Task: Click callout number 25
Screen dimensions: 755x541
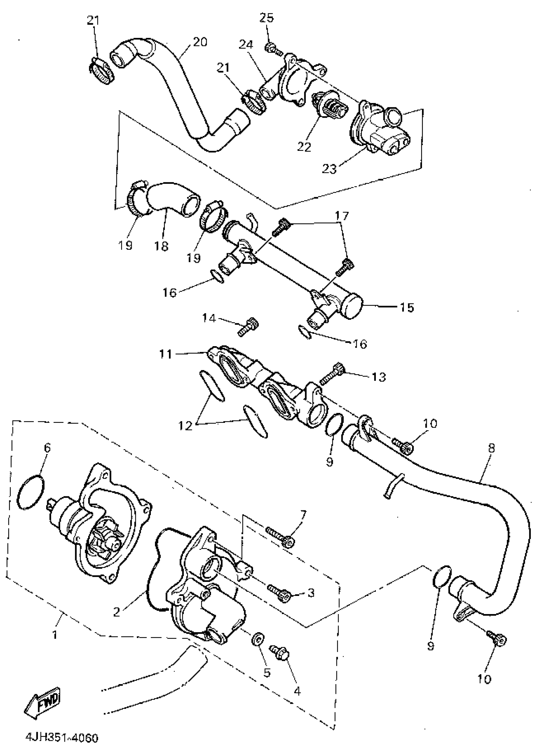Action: coord(267,17)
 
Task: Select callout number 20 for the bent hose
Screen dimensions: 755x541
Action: coord(200,42)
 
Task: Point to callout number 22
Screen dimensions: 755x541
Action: coord(304,147)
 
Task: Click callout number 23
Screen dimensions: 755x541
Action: coord(329,169)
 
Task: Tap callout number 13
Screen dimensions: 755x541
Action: coord(378,377)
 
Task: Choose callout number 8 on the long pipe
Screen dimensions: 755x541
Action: coord(491,448)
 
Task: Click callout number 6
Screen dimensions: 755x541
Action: coord(47,448)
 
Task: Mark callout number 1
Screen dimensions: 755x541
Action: coord(55,635)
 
